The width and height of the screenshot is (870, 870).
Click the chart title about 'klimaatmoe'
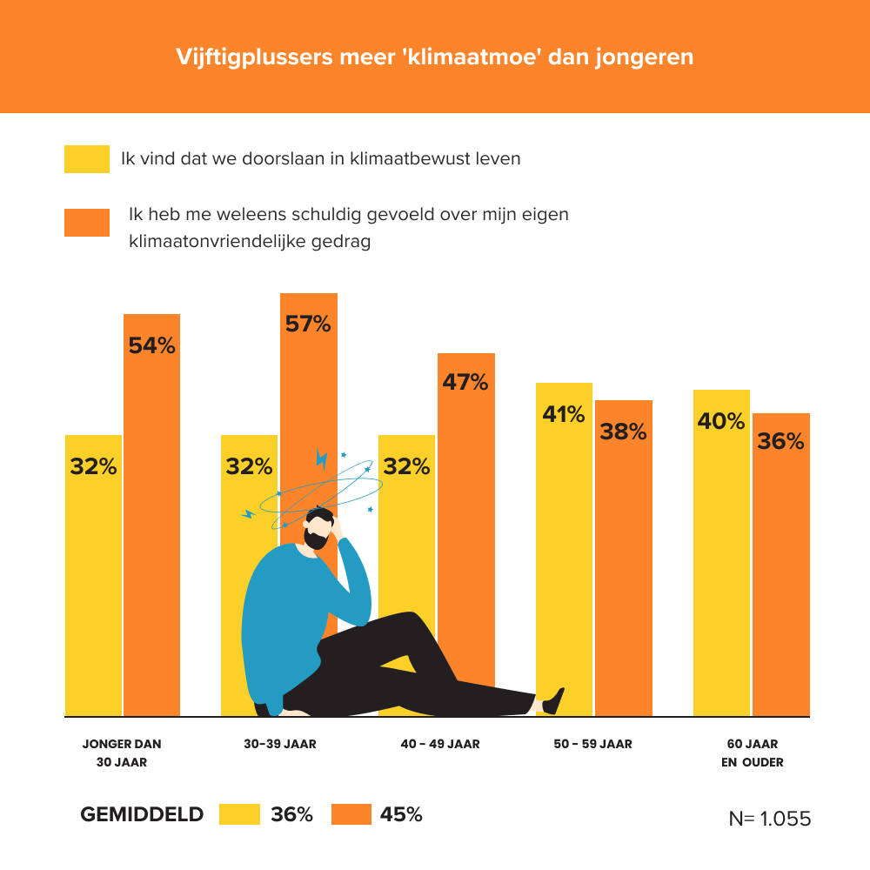[435, 57]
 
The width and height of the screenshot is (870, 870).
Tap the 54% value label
[151, 345]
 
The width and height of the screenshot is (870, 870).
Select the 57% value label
[308, 325]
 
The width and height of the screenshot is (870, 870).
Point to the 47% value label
[465, 381]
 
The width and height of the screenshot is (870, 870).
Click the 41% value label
[564, 414]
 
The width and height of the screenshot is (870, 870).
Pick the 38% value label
[623, 431]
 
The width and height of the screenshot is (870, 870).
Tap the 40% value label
[721, 421]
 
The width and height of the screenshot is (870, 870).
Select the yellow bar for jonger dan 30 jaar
[93, 592]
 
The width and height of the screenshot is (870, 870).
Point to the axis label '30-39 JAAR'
[280, 745]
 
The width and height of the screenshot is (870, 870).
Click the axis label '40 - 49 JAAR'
[440, 745]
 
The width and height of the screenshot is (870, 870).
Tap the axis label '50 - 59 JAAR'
[592, 745]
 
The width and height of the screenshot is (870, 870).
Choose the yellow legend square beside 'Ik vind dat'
[86, 159]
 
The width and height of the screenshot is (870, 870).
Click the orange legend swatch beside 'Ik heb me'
[86, 223]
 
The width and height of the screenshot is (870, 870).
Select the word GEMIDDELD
[142, 815]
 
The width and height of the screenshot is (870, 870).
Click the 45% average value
[401, 815]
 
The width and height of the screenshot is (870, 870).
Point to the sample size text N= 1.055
[769, 820]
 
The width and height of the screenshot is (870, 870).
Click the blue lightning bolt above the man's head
[322, 459]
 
